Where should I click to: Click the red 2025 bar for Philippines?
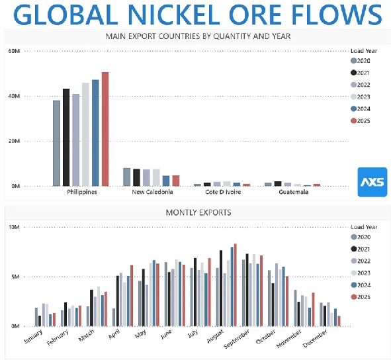click(105, 129)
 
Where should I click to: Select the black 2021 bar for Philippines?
click(66, 137)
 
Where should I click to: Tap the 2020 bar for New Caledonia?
click(126, 177)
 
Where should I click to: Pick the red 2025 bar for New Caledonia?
click(176, 181)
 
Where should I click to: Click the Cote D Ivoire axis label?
click(223, 192)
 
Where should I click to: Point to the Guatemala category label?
click(294, 192)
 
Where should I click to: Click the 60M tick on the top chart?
click(14, 51)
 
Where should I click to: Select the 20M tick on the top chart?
click(14, 141)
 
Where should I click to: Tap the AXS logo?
click(372, 182)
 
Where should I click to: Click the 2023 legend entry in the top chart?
click(361, 97)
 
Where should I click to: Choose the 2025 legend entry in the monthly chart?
click(361, 297)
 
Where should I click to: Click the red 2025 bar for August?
click(235, 285)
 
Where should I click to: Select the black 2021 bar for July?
click(195, 292)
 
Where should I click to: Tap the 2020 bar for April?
click(114, 318)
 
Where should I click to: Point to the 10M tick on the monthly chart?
click(14, 227)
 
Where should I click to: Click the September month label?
click(236, 339)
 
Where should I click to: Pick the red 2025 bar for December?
click(339, 321)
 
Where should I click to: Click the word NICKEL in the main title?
click(174, 15)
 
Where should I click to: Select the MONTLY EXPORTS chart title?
click(198, 212)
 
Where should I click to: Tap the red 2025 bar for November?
click(313, 309)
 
